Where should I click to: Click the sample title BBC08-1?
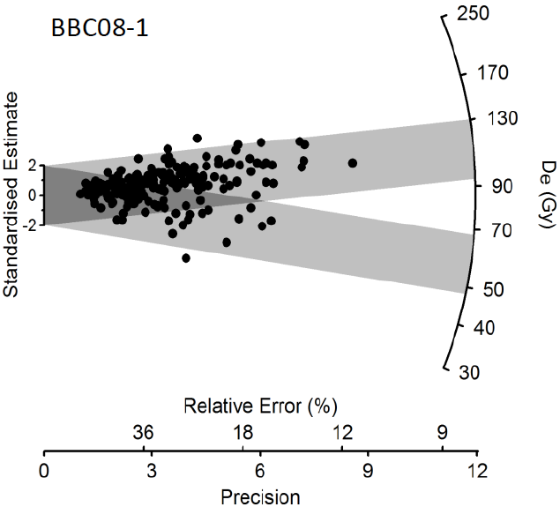(98, 28)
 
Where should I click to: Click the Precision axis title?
(260, 496)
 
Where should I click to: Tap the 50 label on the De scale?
(487, 289)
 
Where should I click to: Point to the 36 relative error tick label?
(144, 432)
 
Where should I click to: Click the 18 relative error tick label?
(243, 432)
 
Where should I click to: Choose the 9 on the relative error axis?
(442, 432)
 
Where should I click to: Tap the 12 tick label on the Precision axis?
(477, 470)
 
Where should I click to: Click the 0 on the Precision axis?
(44, 470)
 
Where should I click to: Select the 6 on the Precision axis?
(260, 470)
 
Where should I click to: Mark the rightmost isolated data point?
(353, 162)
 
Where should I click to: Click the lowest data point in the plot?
(186, 257)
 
